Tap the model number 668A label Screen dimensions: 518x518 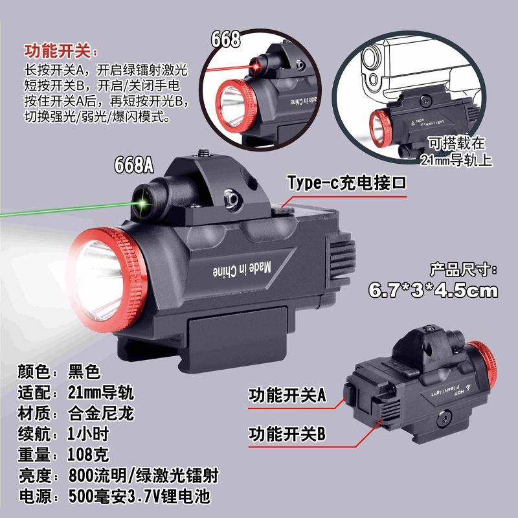[x=134, y=166]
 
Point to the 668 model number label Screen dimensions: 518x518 [x=225, y=39]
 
